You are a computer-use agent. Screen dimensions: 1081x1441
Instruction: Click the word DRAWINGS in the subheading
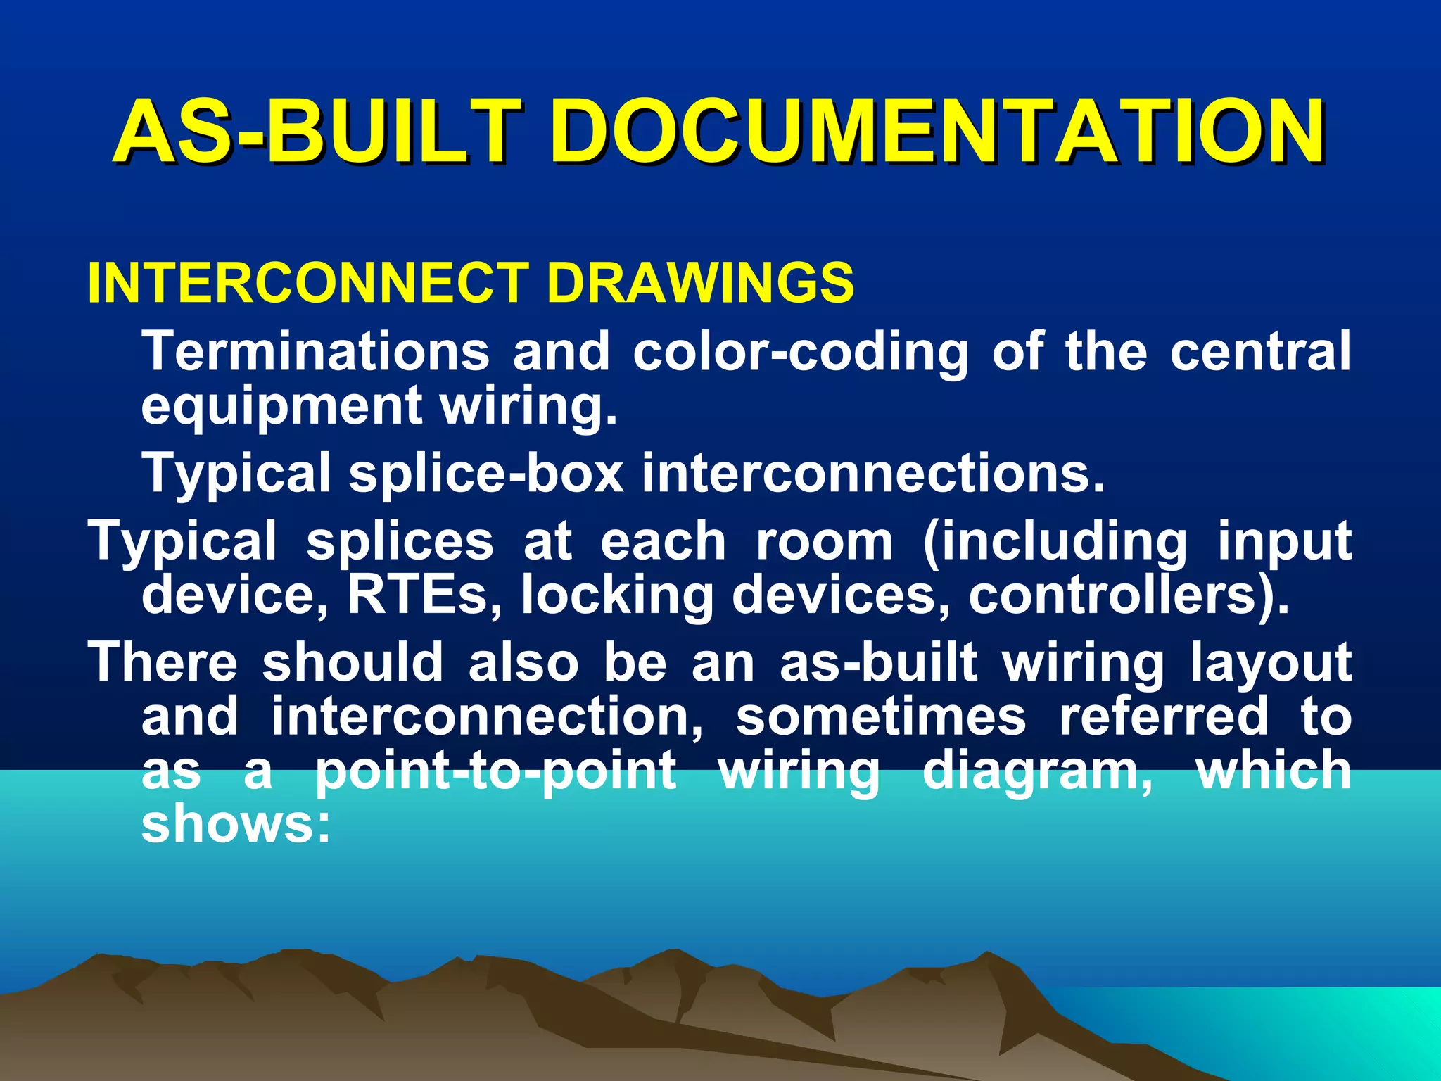tap(700, 283)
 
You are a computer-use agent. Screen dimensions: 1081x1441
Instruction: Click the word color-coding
tap(801, 352)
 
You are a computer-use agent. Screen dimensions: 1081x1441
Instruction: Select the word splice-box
tap(486, 473)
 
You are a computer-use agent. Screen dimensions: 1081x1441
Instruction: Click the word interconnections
tap(872, 473)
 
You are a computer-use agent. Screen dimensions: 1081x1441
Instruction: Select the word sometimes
tap(880, 716)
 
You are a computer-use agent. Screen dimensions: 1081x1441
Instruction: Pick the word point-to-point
tap(495, 771)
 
